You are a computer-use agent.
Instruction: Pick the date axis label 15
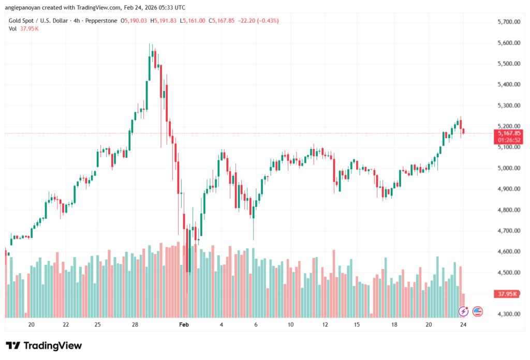tap(357, 325)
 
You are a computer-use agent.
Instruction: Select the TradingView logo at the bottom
tap(44, 346)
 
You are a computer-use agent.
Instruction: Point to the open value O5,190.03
tap(134, 21)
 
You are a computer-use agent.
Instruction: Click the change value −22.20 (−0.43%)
tap(258, 21)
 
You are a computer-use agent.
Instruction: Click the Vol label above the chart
tap(12, 29)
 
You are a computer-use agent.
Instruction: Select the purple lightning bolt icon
tap(464, 311)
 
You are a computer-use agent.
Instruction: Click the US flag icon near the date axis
tap(477, 311)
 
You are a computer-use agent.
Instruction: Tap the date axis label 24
tap(463, 325)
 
